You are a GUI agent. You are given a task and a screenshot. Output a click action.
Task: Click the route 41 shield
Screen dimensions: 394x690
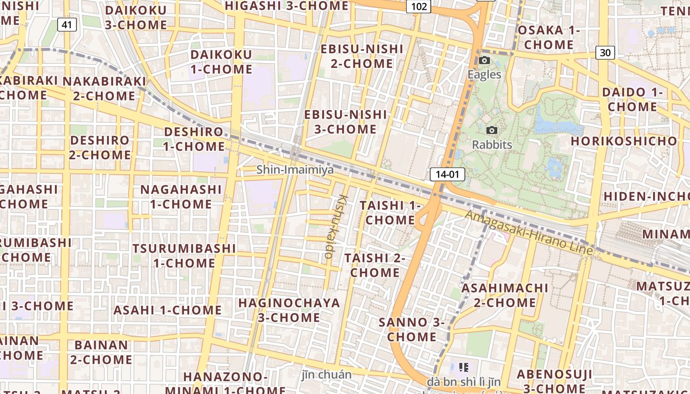click(x=67, y=24)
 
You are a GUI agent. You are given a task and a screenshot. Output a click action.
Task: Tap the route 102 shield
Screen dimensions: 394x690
click(x=418, y=6)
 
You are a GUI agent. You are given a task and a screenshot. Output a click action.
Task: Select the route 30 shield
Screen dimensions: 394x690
click(x=605, y=52)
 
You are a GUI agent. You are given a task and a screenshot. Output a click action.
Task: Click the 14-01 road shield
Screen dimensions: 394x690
click(x=447, y=174)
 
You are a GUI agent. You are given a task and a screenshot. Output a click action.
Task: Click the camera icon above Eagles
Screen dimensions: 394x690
click(x=484, y=61)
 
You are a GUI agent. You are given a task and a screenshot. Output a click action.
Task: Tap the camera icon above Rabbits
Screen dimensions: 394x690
click(x=491, y=131)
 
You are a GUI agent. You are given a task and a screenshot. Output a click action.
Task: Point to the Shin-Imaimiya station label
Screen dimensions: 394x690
click(x=295, y=170)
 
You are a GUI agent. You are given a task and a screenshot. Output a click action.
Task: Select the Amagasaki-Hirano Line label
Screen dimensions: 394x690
click(x=528, y=232)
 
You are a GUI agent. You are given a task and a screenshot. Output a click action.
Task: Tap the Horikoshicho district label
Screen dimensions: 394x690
click(x=624, y=141)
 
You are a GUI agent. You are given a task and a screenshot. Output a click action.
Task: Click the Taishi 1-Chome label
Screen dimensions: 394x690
click(x=390, y=212)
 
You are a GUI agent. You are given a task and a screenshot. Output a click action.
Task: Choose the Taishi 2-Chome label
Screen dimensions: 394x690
click(x=375, y=265)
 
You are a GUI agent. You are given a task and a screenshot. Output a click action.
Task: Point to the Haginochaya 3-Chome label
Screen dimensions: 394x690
click(x=289, y=310)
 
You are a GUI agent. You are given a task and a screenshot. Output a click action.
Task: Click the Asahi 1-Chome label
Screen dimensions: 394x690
click(x=168, y=310)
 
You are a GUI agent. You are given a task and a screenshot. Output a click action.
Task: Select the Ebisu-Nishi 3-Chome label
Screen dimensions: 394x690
click(x=345, y=122)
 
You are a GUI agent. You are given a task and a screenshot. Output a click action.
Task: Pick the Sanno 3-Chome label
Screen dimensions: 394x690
click(x=412, y=329)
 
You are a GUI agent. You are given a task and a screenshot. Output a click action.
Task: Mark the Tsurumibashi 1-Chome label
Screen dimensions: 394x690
click(x=184, y=255)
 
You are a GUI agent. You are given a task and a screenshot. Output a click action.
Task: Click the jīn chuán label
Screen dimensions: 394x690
click(x=326, y=375)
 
